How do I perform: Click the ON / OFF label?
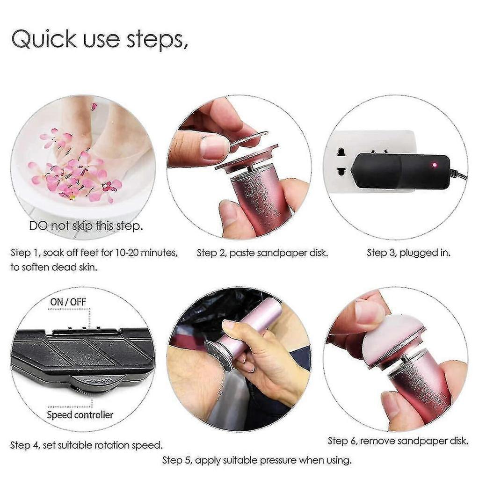pos(68,302)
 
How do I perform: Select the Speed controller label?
pos(80,414)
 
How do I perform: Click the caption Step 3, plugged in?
pos(408,253)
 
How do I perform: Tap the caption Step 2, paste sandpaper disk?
pos(262,253)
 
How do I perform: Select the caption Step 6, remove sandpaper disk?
pos(398,441)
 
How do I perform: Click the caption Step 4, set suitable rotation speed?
pos(87,444)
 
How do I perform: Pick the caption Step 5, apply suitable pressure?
pos(257,460)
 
